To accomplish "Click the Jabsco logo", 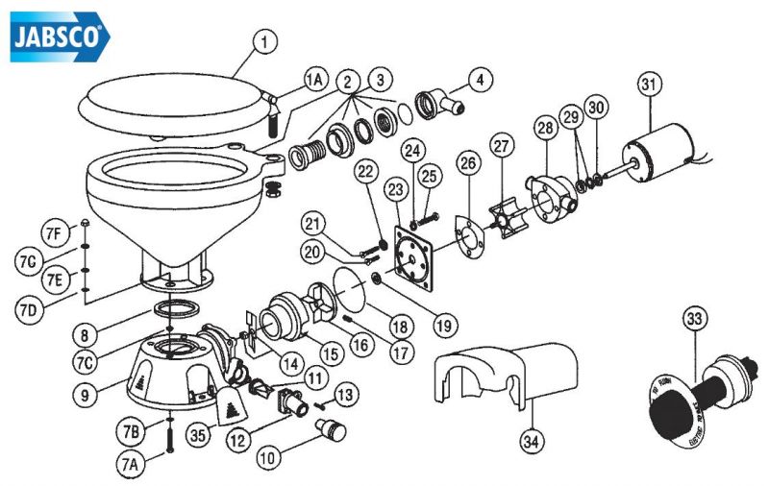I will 59,38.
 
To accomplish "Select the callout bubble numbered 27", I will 500,146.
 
